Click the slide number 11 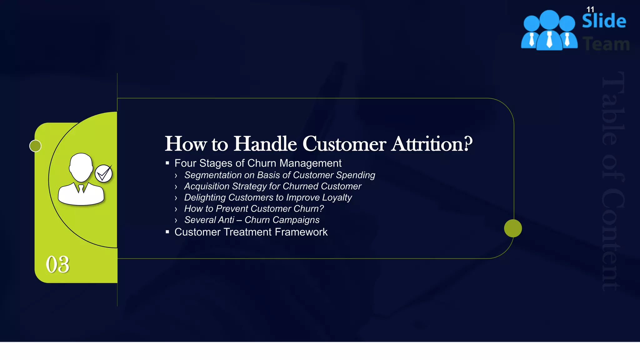coord(590,9)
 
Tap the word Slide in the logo coord(604,21)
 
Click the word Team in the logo coord(606,44)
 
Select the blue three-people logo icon coord(549,31)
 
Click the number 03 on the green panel coord(57,265)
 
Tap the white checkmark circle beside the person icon coord(103,174)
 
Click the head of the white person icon coord(81,167)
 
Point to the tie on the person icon coord(81,189)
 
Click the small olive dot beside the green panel coord(35,146)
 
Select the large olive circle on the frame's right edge coord(513,228)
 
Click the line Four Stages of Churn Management coord(258,163)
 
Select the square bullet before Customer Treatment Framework coord(167,232)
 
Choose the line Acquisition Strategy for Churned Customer coord(272,186)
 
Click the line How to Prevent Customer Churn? coord(254,209)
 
